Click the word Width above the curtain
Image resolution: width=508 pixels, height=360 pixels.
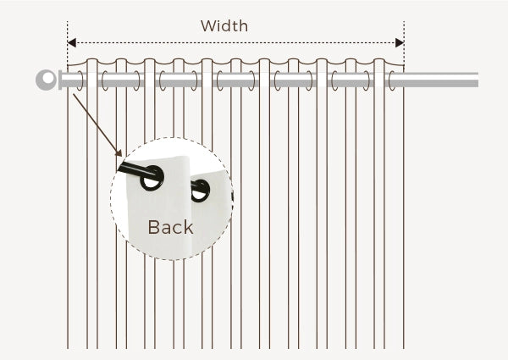[224, 26]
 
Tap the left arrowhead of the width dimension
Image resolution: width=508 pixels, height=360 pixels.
[72, 42]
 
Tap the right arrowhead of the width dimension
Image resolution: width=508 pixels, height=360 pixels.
[400, 42]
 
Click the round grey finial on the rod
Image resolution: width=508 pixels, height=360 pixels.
[47, 80]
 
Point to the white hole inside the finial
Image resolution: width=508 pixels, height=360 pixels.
[48, 78]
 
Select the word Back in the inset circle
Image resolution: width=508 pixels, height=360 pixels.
[171, 227]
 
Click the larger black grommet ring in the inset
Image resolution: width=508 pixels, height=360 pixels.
[152, 178]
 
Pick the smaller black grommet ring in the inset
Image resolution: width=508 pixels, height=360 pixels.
[200, 191]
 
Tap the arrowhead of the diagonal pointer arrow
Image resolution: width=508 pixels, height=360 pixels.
[119, 153]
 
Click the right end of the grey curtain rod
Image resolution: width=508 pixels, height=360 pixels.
[478, 80]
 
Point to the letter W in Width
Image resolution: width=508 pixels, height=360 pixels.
[207, 26]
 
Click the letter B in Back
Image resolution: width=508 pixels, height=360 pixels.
[152, 227]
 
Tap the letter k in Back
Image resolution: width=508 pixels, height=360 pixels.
[189, 227]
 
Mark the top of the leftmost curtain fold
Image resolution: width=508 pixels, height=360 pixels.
[92, 59]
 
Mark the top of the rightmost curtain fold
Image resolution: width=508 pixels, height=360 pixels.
[379, 59]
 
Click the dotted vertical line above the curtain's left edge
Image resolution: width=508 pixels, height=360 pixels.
[68, 43]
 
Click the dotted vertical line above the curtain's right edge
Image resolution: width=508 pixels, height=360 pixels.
[404, 43]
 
